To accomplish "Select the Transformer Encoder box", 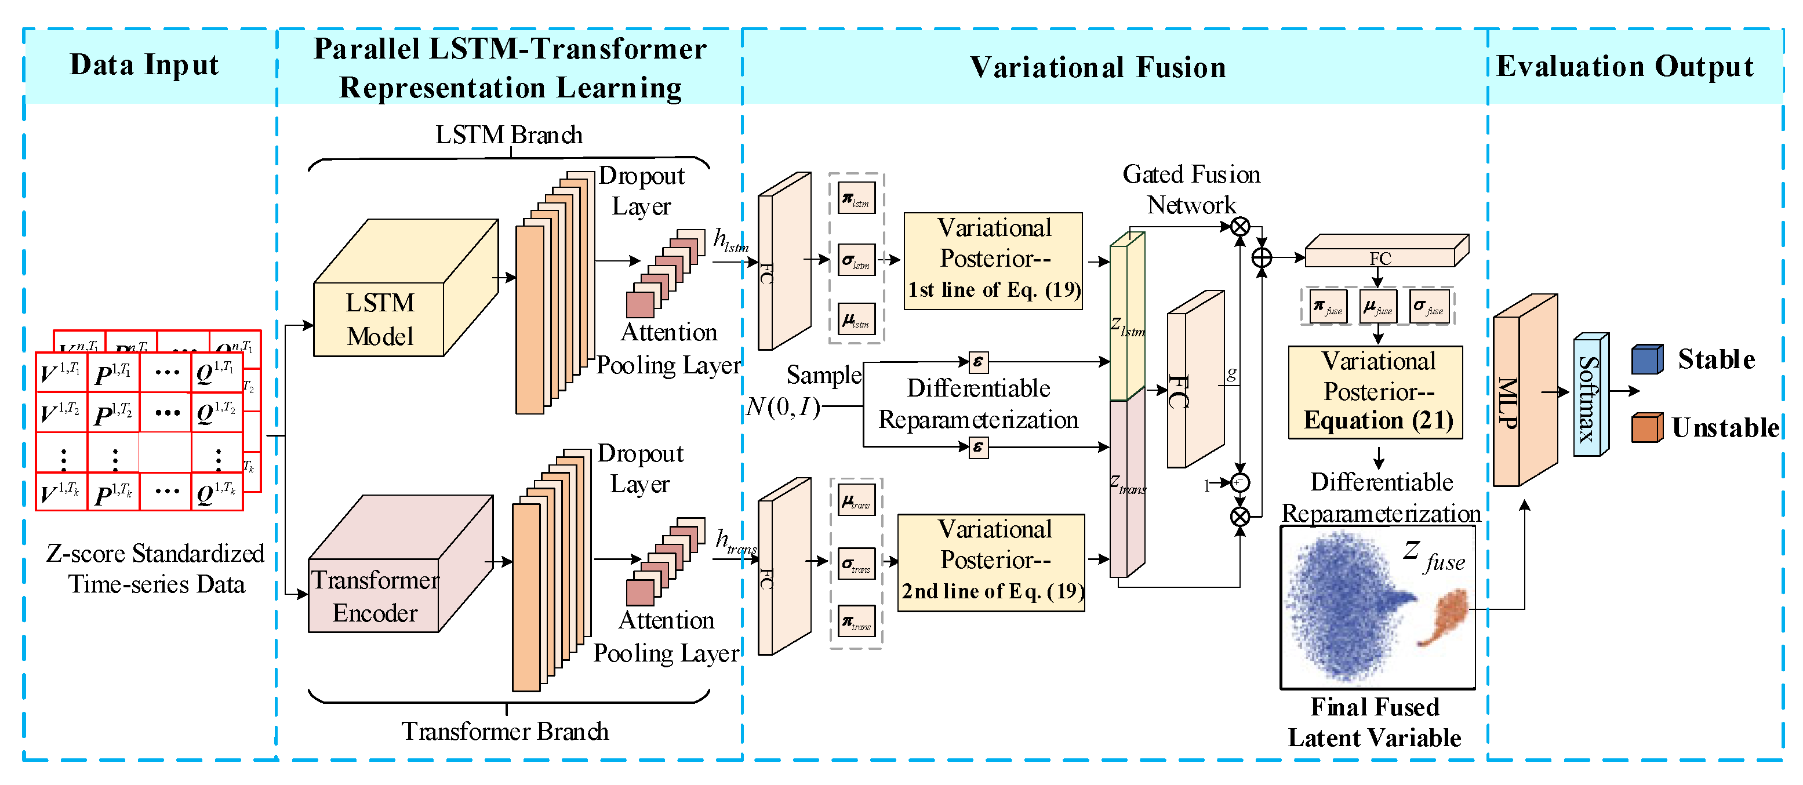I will click(x=375, y=595).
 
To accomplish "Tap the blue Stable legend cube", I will click(x=1646, y=359).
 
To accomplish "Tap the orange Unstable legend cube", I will click(x=1646, y=427).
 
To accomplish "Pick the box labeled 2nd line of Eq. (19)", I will click(x=991, y=562).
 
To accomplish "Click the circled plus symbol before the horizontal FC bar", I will click(x=1262, y=257).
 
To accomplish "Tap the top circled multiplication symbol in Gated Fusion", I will click(x=1239, y=227).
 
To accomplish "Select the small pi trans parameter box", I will click(x=856, y=622).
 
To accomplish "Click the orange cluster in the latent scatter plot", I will click(x=1445, y=616).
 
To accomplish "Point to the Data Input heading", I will click(x=144, y=65).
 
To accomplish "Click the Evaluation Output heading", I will click(x=1624, y=67).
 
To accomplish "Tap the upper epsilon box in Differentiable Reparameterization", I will click(x=979, y=362).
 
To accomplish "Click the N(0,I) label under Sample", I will click(x=783, y=406).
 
